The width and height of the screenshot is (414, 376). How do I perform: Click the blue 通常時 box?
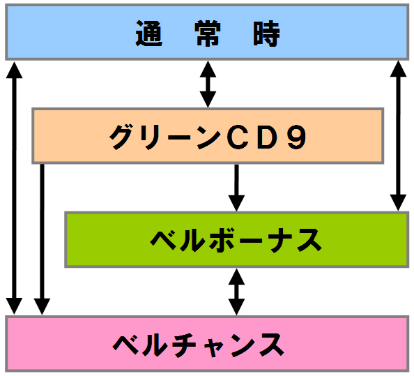(207, 32)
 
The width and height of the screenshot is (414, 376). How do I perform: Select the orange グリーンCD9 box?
(208, 136)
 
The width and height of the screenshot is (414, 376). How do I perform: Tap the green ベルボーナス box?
(237, 239)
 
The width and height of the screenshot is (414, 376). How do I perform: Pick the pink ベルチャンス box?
(207, 343)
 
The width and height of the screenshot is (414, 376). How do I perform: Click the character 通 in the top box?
(148, 33)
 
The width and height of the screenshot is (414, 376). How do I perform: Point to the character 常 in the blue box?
(208, 33)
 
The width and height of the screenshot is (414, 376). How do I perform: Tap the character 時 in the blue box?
(266, 33)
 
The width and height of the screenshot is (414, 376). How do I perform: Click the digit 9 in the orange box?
(296, 137)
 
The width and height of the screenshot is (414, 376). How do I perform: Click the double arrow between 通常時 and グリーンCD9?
(208, 84)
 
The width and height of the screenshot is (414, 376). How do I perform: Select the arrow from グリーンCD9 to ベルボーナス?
(236, 188)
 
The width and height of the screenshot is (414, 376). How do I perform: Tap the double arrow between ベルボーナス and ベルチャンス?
(236, 292)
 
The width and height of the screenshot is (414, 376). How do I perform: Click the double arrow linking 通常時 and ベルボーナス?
(398, 136)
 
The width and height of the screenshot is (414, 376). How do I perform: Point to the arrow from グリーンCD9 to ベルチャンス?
(42, 239)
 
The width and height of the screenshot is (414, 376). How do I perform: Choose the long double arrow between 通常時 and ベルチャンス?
(14, 188)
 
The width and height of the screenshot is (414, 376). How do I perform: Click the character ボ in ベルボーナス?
(221, 241)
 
